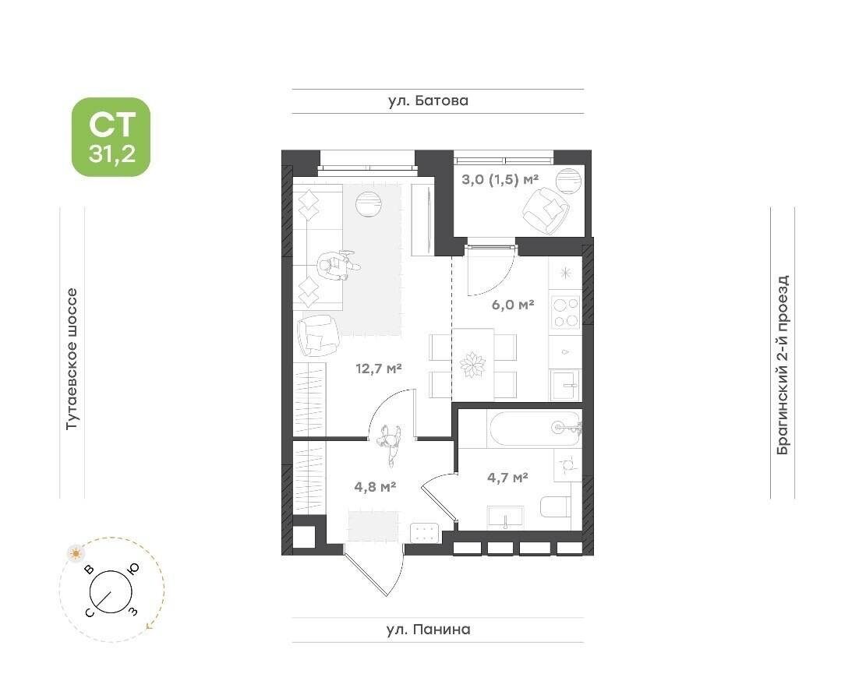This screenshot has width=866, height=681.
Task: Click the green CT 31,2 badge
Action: pos(111,137)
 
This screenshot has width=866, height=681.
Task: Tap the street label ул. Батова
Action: pos(428,101)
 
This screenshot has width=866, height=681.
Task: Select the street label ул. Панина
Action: pos(429,629)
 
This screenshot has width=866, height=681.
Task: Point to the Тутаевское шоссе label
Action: pos(72,359)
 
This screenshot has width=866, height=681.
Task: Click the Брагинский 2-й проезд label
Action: pos(783,365)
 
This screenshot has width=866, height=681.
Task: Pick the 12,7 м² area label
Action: pos(378,368)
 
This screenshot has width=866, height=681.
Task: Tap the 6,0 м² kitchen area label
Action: pos(513,304)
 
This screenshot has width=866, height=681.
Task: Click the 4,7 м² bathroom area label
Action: pos(507,478)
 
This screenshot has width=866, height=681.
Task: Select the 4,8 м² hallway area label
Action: pos(375,487)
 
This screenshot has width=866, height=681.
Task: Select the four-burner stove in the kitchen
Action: pos(566,312)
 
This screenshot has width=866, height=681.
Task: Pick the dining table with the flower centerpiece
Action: pos(473,365)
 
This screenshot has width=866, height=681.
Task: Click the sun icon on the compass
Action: pos(76,553)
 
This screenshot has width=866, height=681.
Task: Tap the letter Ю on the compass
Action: pos(133,569)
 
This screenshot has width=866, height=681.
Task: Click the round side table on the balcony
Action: pos(568,181)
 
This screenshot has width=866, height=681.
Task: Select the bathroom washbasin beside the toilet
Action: pos(505,518)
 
